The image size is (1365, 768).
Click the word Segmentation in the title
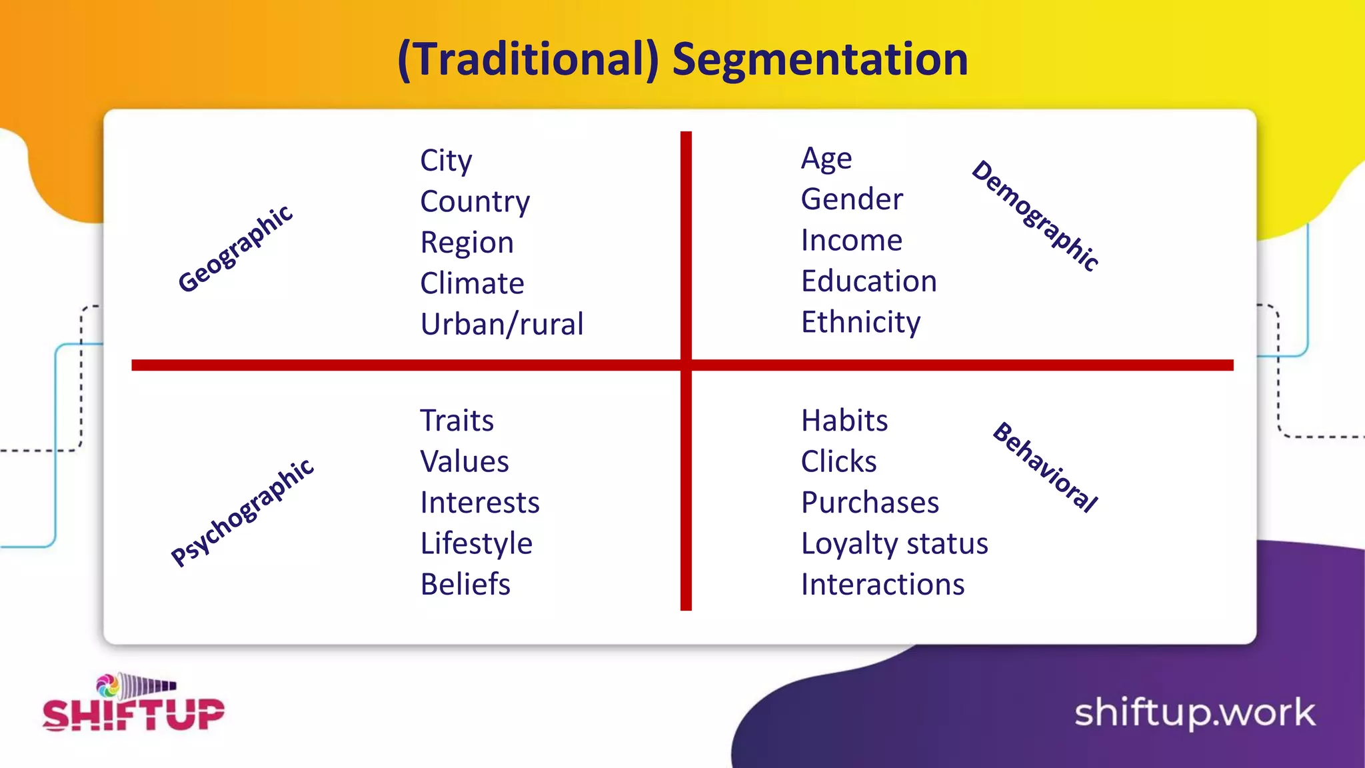[x=820, y=60]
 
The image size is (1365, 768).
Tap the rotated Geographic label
[x=235, y=249]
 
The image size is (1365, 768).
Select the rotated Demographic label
[x=1035, y=215]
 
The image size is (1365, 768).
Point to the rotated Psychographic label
[x=242, y=512]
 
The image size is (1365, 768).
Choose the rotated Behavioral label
[x=1045, y=467]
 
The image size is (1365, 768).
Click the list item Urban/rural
[x=502, y=324]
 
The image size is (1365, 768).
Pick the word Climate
[x=472, y=283]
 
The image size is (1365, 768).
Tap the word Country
[x=475, y=201]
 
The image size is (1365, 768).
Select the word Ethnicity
[x=860, y=322]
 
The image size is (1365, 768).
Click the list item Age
[x=826, y=159]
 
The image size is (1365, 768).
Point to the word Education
[x=869, y=281]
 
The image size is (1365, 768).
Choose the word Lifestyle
[x=477, y=543]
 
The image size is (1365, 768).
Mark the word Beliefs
[x=465, y=584]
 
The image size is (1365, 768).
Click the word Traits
[x=457, y=421]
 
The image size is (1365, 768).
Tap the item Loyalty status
[x=894, y=543]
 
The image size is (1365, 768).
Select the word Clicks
[x=838, y=461]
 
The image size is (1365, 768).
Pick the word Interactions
[x=882, y=584]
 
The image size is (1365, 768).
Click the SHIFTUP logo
[x=133, y=705]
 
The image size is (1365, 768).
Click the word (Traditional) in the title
[x=528, y=60]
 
